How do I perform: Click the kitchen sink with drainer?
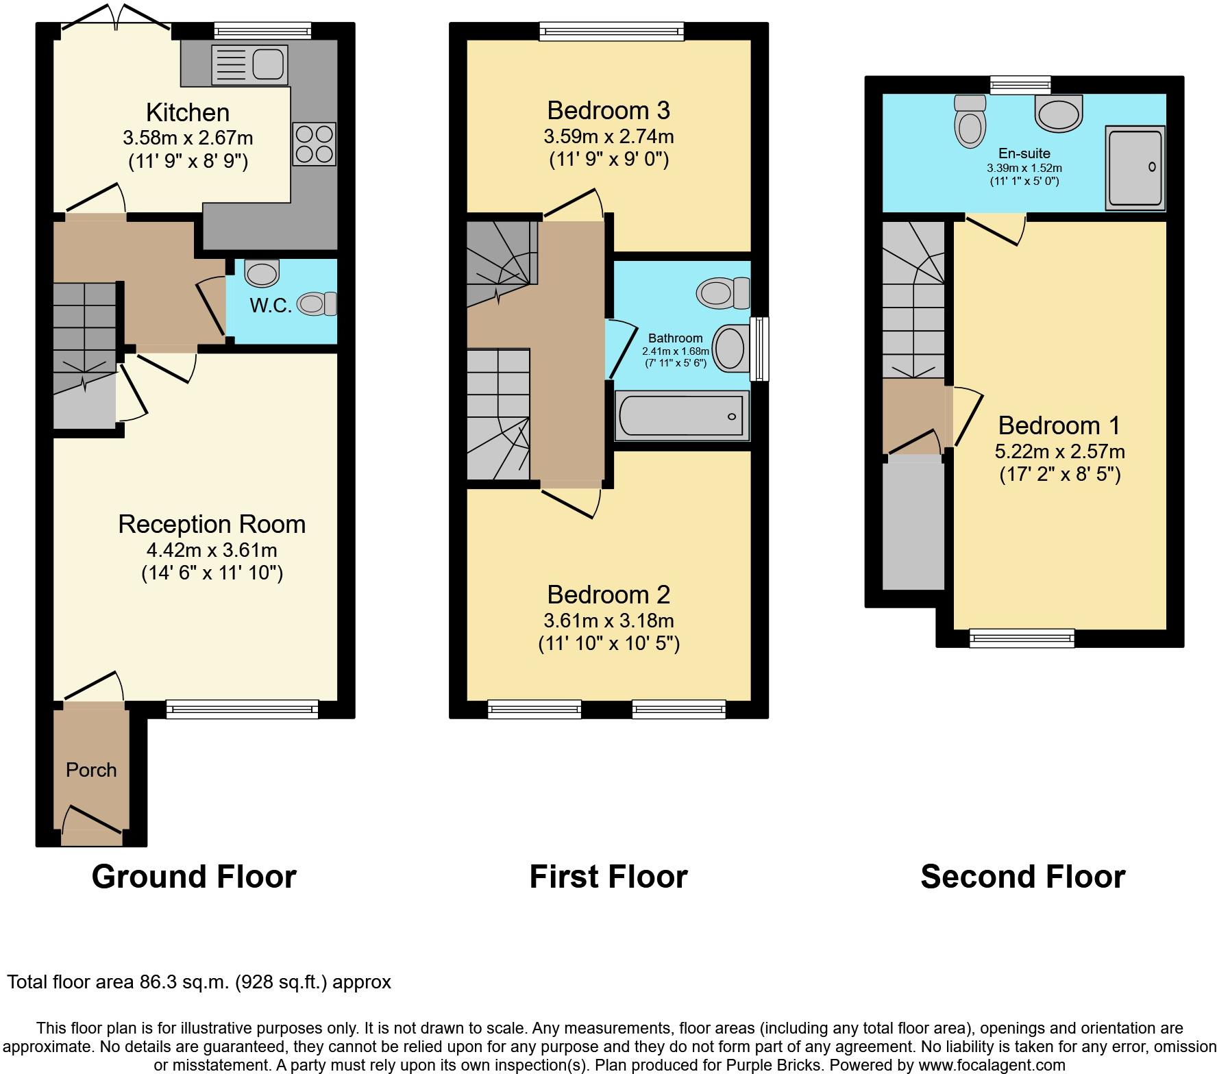coord(249,64)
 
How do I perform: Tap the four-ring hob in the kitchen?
coord(315,144)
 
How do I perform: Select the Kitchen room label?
coord(188,112)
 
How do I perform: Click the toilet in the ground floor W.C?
coord(317,303)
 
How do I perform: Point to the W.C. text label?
coord(271,305)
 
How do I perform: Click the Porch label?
coord(91,770)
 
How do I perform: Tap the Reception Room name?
coord(212,524)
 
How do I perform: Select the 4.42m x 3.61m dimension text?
coord(212,550)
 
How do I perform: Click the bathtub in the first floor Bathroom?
coord(682,415)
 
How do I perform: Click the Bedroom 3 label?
coord(608,110)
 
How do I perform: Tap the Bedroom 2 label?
coord(608,595)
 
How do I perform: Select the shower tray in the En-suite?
coord(1135,168)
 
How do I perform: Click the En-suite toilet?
coord(970,121)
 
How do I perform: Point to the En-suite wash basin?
coord(1059,112)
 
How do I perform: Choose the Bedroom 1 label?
coord(1059,425)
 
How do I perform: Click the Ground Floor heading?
coord(194,877)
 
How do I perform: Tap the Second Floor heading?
coord(1023,877)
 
